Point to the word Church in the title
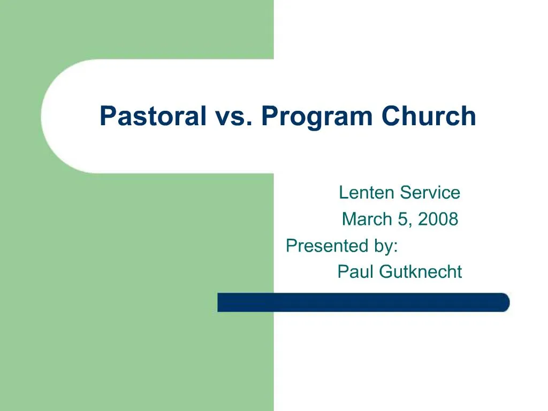[x=429, y=116]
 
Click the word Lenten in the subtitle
[x=364, y=193]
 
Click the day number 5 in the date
[x=402, y=219]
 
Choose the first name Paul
[x=356, y=272]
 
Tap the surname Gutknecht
[x=421, y=272]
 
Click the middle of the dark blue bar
[x=363, y=302]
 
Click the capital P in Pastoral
[x=107, y=116]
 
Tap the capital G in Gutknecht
[x=386, y=272]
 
